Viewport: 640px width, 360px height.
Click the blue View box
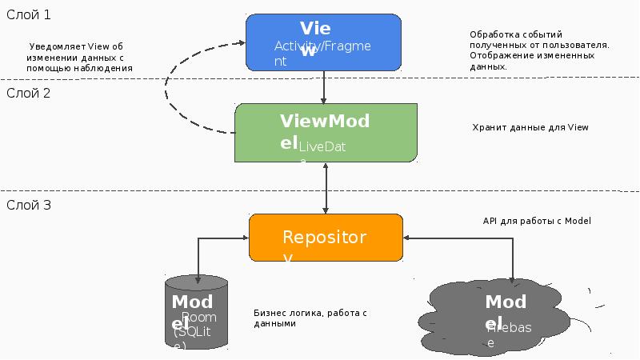click(x=323, y=42)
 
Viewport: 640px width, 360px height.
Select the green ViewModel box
click(x=326, y=131)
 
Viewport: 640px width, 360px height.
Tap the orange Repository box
click(x=326, y=237)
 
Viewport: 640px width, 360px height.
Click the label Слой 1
click(x=29, y=14)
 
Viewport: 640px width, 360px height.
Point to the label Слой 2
click(x=29, y=93)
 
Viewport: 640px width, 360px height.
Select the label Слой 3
click(x=29, y=205)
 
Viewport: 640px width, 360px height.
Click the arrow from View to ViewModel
click(x=323, y=86)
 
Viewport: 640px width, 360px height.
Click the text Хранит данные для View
click(x=530, y=127)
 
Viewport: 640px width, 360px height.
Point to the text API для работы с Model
click(x=536, y=221)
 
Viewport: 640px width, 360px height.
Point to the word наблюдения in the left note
click(x=106, y=69)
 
